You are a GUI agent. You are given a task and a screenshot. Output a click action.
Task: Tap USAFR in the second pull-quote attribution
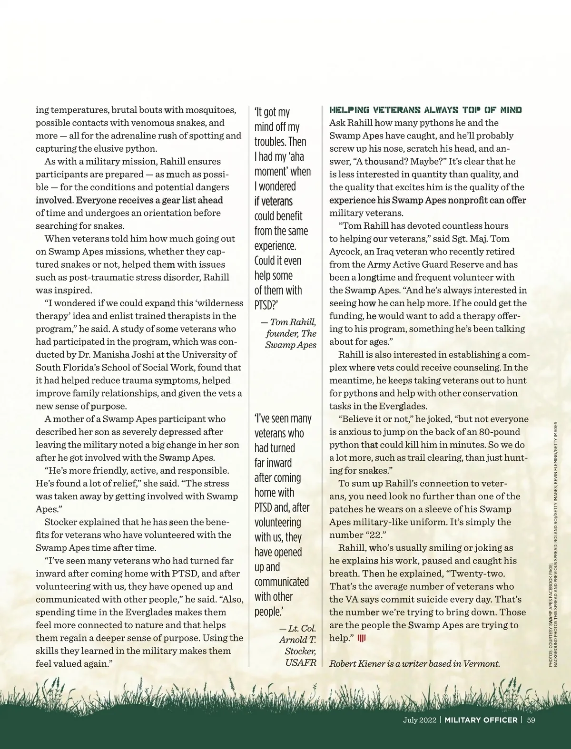tap(301, 663)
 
